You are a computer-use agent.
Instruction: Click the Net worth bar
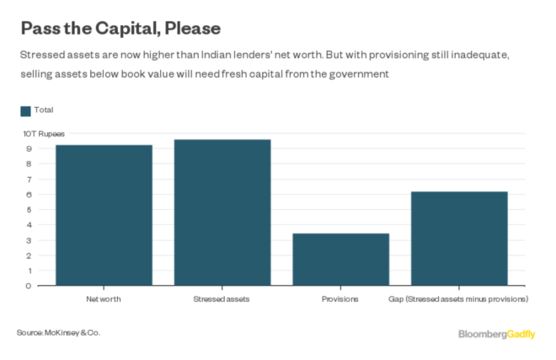(104, 215)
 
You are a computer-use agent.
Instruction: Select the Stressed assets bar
(222, 212)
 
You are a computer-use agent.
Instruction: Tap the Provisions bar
(340, 259)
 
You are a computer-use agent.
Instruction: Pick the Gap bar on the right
(459, 239)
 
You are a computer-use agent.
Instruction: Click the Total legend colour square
(25, 110)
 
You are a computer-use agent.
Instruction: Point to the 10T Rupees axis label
(43, 133)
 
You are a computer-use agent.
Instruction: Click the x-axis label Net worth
(104, 298)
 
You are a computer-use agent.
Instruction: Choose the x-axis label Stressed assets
(222, 298)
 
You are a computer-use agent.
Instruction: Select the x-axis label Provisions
(340, 298)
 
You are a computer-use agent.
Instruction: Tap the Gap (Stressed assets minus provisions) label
(458, 298)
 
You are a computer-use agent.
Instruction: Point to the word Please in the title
(191, 29)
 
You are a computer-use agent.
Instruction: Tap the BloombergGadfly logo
(496, 334)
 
